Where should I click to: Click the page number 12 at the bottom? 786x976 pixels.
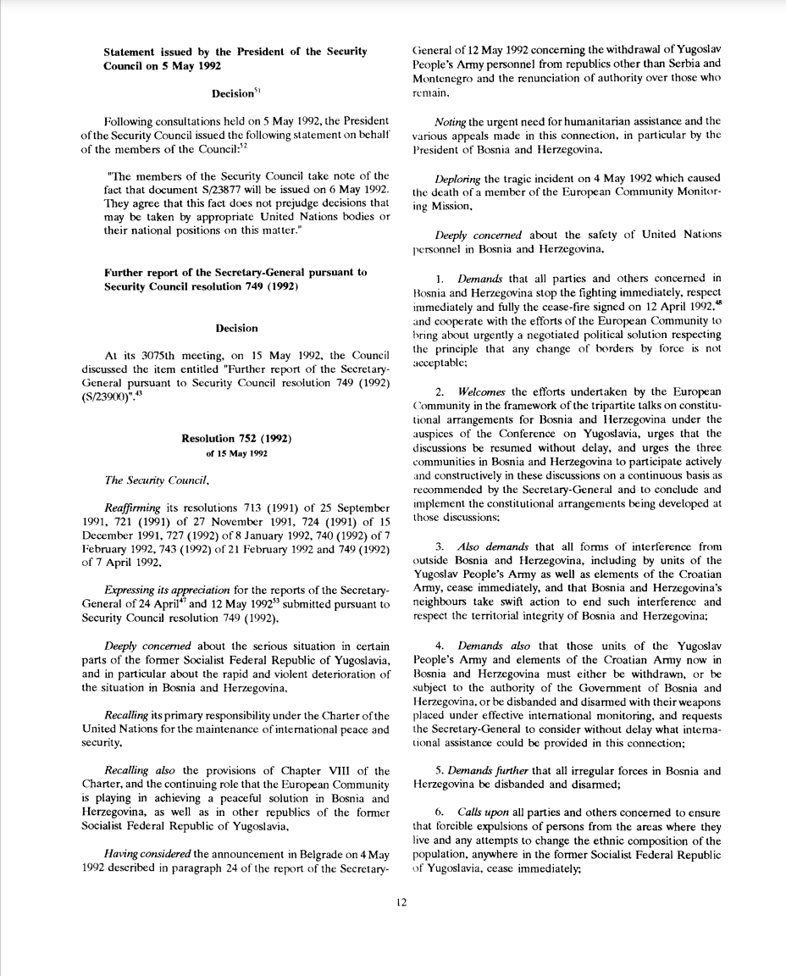tap(401, 902)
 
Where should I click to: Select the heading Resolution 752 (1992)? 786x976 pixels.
tap(236, 438)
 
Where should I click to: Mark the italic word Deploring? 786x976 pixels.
tap(457, 178)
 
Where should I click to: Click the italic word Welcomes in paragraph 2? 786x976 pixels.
tap(480, 391)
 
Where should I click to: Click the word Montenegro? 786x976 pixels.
tap(441, 78)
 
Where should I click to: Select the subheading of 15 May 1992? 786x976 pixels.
tap(235, 454)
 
